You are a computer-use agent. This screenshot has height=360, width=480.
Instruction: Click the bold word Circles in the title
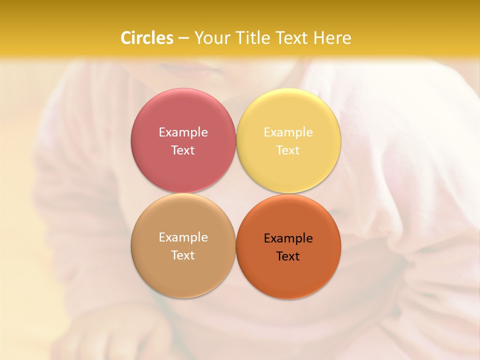click(146, 38)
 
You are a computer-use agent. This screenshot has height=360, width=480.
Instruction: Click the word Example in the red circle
click(183, 132)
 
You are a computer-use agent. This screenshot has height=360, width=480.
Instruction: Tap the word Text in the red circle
click(183, 150)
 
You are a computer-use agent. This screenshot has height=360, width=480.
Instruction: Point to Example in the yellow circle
click(288, 132)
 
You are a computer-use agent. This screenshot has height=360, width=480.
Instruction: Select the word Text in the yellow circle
click(288, 150)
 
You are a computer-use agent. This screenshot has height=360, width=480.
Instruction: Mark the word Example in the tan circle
click(183, 237)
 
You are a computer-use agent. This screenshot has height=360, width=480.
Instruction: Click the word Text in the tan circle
click(183, 255)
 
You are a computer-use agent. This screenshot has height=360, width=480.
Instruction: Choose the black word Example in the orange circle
click(288, 238)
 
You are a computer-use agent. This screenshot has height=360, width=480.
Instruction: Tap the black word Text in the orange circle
click(288, 256)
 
